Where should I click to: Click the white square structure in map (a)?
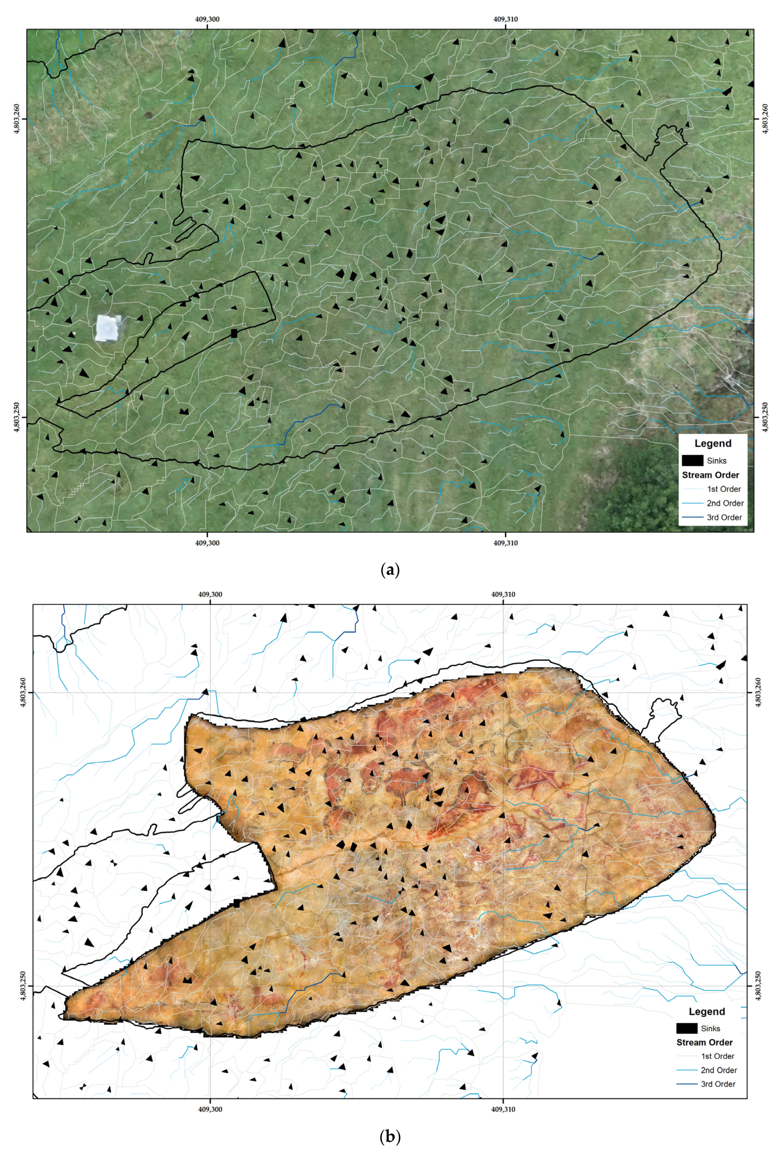tap(107, 328)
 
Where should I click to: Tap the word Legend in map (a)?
tap(713, 443)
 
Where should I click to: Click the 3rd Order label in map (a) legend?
tap(724, 517)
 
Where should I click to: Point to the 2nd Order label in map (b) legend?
tap(718, 1070)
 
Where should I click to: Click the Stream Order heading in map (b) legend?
tap(704, 1042)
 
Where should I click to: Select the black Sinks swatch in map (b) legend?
tap(687, 1028)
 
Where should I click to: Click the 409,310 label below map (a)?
tap(505, 543)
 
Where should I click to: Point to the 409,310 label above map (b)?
tap(503, 594)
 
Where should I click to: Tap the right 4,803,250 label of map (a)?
tap(766, 417)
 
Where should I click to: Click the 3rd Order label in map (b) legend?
tap(718, 1084)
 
